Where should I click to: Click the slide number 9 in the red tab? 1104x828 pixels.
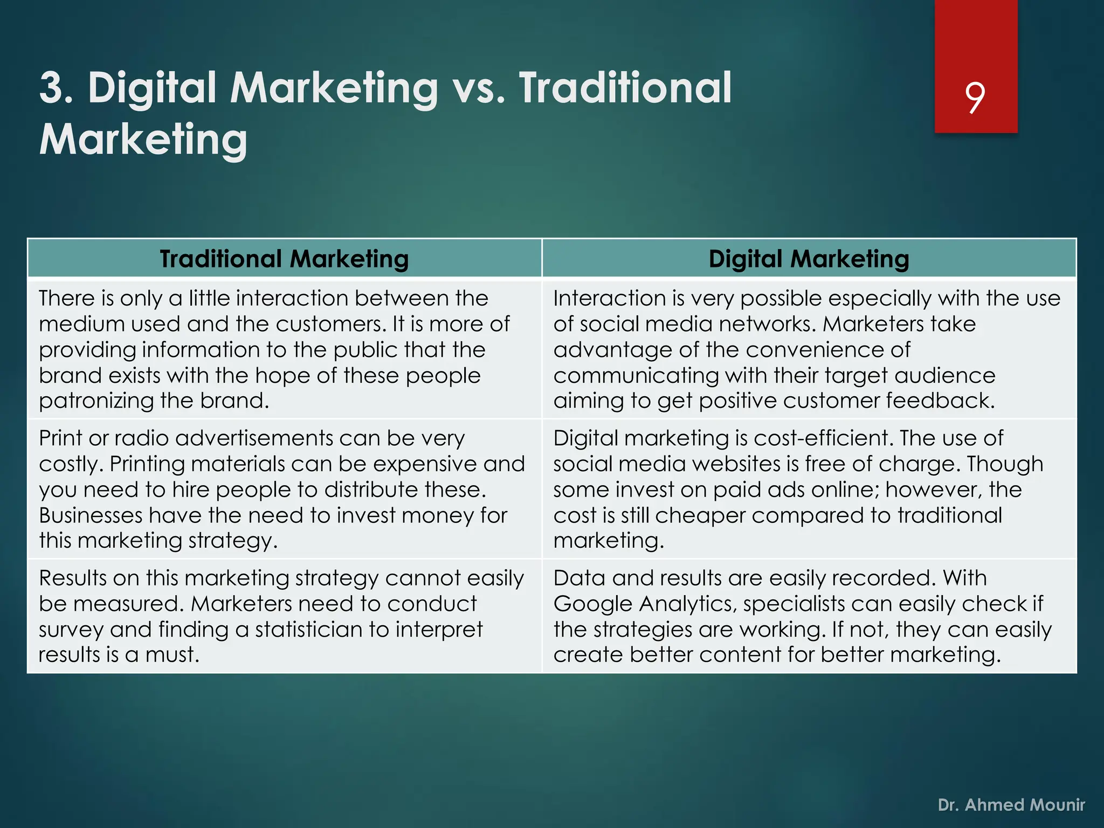click(975, 98)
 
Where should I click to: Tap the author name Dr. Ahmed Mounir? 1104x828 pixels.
click(1011, 805)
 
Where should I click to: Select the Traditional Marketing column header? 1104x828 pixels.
click(284, 259)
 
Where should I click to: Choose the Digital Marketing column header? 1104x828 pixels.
click(809, 259)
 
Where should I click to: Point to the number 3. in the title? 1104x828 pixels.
click(56, 88)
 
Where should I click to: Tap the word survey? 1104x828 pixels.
click(71, 630)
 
